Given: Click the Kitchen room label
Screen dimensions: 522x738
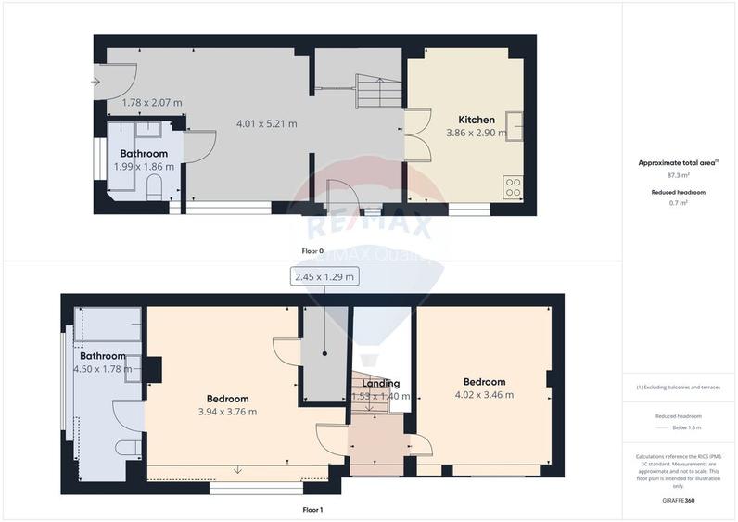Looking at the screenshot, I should coord(477,120).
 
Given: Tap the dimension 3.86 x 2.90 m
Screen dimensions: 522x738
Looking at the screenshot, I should coord(477,133).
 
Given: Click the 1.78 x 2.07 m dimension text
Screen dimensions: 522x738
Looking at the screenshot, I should coord(153,102).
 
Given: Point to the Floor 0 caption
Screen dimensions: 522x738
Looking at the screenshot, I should coord(312,251).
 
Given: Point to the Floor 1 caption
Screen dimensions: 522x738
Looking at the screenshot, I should coord(312,509).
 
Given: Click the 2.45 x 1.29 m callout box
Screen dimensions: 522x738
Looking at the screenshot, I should coord(324,276).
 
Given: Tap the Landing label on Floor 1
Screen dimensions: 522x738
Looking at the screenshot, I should coord(381,383).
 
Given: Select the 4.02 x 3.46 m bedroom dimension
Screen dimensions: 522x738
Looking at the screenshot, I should coord(484,395).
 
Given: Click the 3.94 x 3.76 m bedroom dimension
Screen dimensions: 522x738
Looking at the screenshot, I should coord(227,412).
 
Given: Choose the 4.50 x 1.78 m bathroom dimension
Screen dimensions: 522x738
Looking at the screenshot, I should coord(102,368).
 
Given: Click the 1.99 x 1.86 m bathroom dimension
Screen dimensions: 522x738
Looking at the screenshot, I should coord(144,166).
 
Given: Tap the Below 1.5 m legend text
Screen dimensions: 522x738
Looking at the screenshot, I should coord(686,427).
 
